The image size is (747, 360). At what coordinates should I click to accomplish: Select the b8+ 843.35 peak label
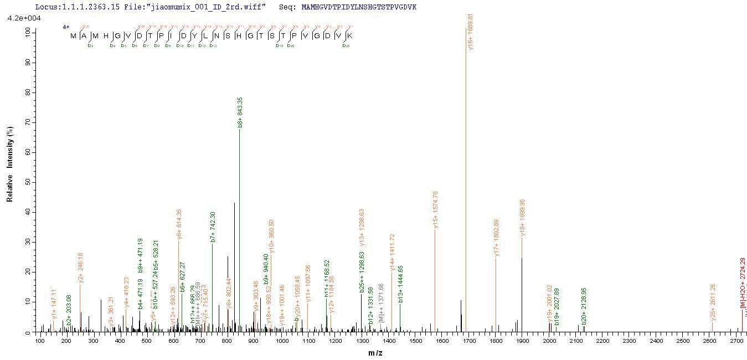pos(240,113)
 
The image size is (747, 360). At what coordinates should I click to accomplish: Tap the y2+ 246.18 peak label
pos(80,268)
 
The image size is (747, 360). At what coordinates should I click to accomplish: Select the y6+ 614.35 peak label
pos(179,224)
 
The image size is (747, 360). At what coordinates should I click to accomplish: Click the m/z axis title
pos(375,353)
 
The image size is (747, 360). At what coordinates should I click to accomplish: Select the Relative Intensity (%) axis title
pos(10,162)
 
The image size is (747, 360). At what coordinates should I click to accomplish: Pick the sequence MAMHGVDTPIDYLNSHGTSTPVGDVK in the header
pos(359,7)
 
